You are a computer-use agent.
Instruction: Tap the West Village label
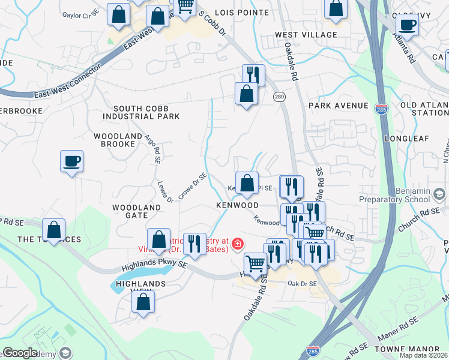tap(306, 35)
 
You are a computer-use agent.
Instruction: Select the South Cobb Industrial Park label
tap(141, 112)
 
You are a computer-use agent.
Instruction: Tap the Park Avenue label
tap(338, 106)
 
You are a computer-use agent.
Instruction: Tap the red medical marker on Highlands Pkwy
tap(238, 244)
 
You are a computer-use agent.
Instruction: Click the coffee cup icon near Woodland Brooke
tap(71, 161)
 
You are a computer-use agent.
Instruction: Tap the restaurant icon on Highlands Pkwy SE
tap(194, 243)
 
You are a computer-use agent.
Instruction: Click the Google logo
tap(20, 353)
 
